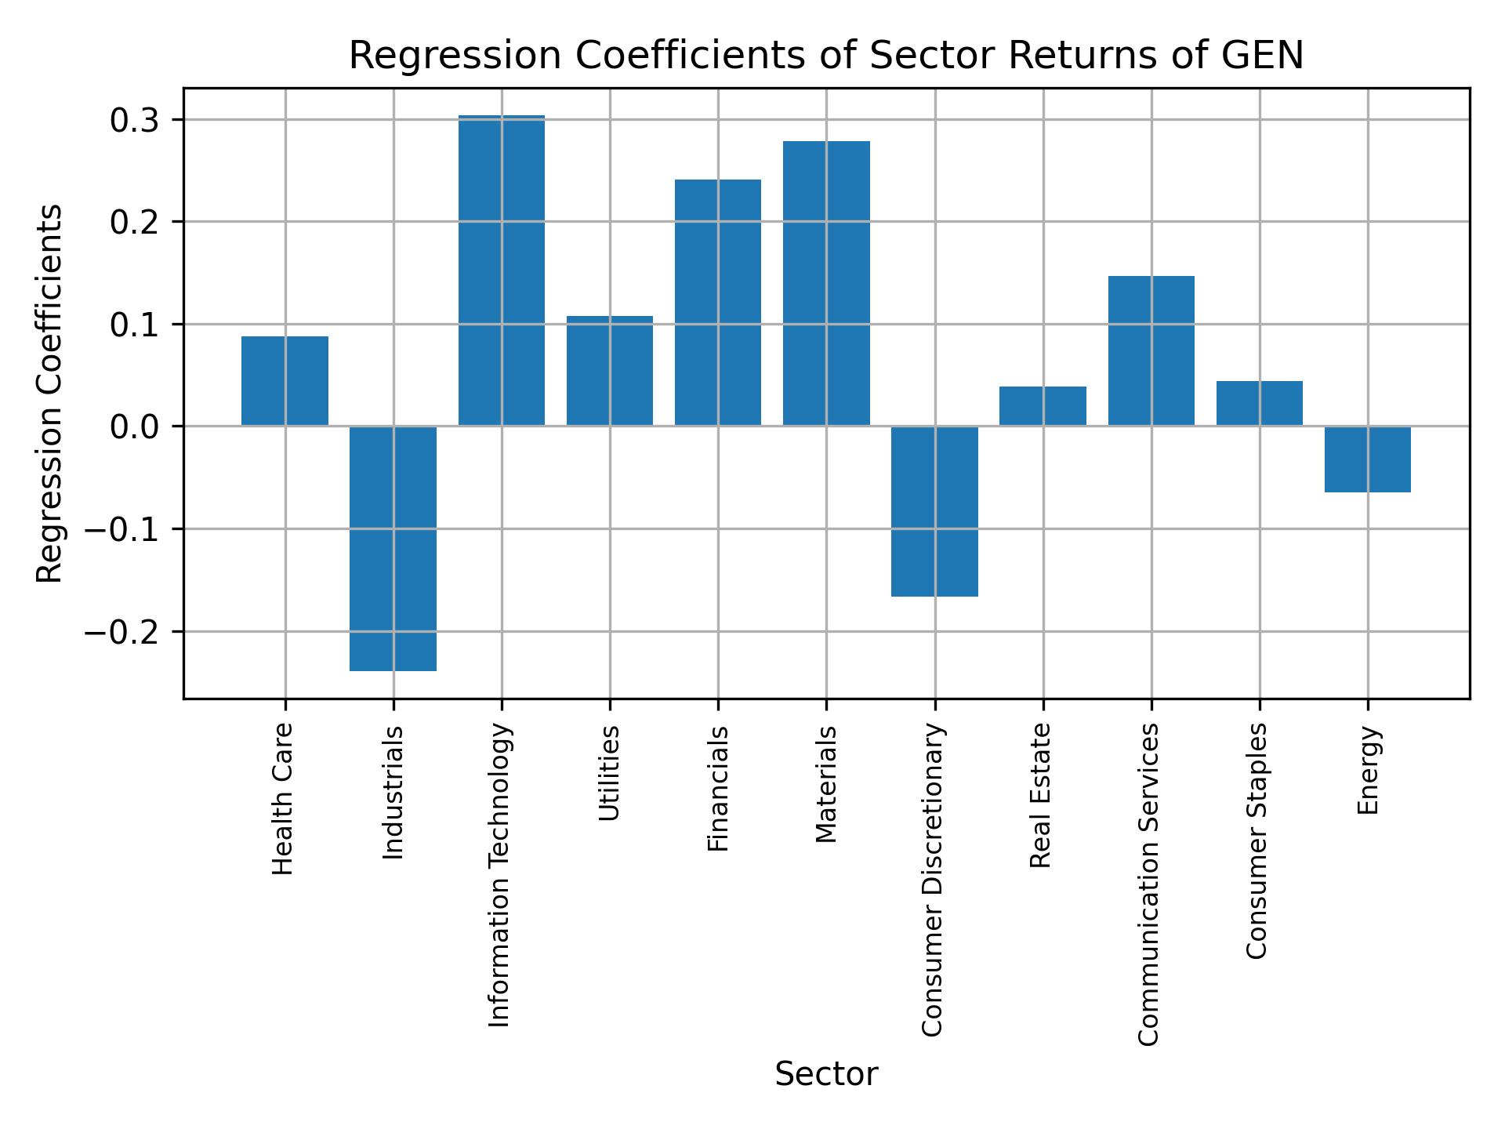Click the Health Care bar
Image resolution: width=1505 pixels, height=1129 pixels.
tap(285, 381)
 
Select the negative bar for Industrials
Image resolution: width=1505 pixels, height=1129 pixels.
tap(393, 548)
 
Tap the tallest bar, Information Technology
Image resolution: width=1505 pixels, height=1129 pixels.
tap(502, 270)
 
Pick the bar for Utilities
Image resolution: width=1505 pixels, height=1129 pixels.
tap(610, 371)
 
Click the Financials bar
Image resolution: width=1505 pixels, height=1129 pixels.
tap(718, 303)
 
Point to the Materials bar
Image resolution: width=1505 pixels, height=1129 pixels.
tap(826, 283)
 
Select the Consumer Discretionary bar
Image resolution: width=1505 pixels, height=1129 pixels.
tap(934, 511)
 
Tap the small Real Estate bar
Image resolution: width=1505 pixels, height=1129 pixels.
tap(1043, 406)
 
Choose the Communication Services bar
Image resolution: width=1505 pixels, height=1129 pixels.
tap(1151, 350)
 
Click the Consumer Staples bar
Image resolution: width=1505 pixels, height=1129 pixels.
tap(1259, 403)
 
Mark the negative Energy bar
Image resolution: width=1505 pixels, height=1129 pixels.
tap(1368, 459)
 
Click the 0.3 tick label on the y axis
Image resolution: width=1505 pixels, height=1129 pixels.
tap(135, 121)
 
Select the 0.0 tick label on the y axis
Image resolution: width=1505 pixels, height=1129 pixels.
tap(135, 427)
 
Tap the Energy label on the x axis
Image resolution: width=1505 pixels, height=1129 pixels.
tap(1368, 771)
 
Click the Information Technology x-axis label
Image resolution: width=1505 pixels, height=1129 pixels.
tap(500, 875)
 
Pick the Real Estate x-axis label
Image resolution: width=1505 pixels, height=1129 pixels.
tap(1040, 795)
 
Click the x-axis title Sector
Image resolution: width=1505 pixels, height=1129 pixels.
tap(826, 1074)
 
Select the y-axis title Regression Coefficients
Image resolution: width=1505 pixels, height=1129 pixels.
tap(50, 394)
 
